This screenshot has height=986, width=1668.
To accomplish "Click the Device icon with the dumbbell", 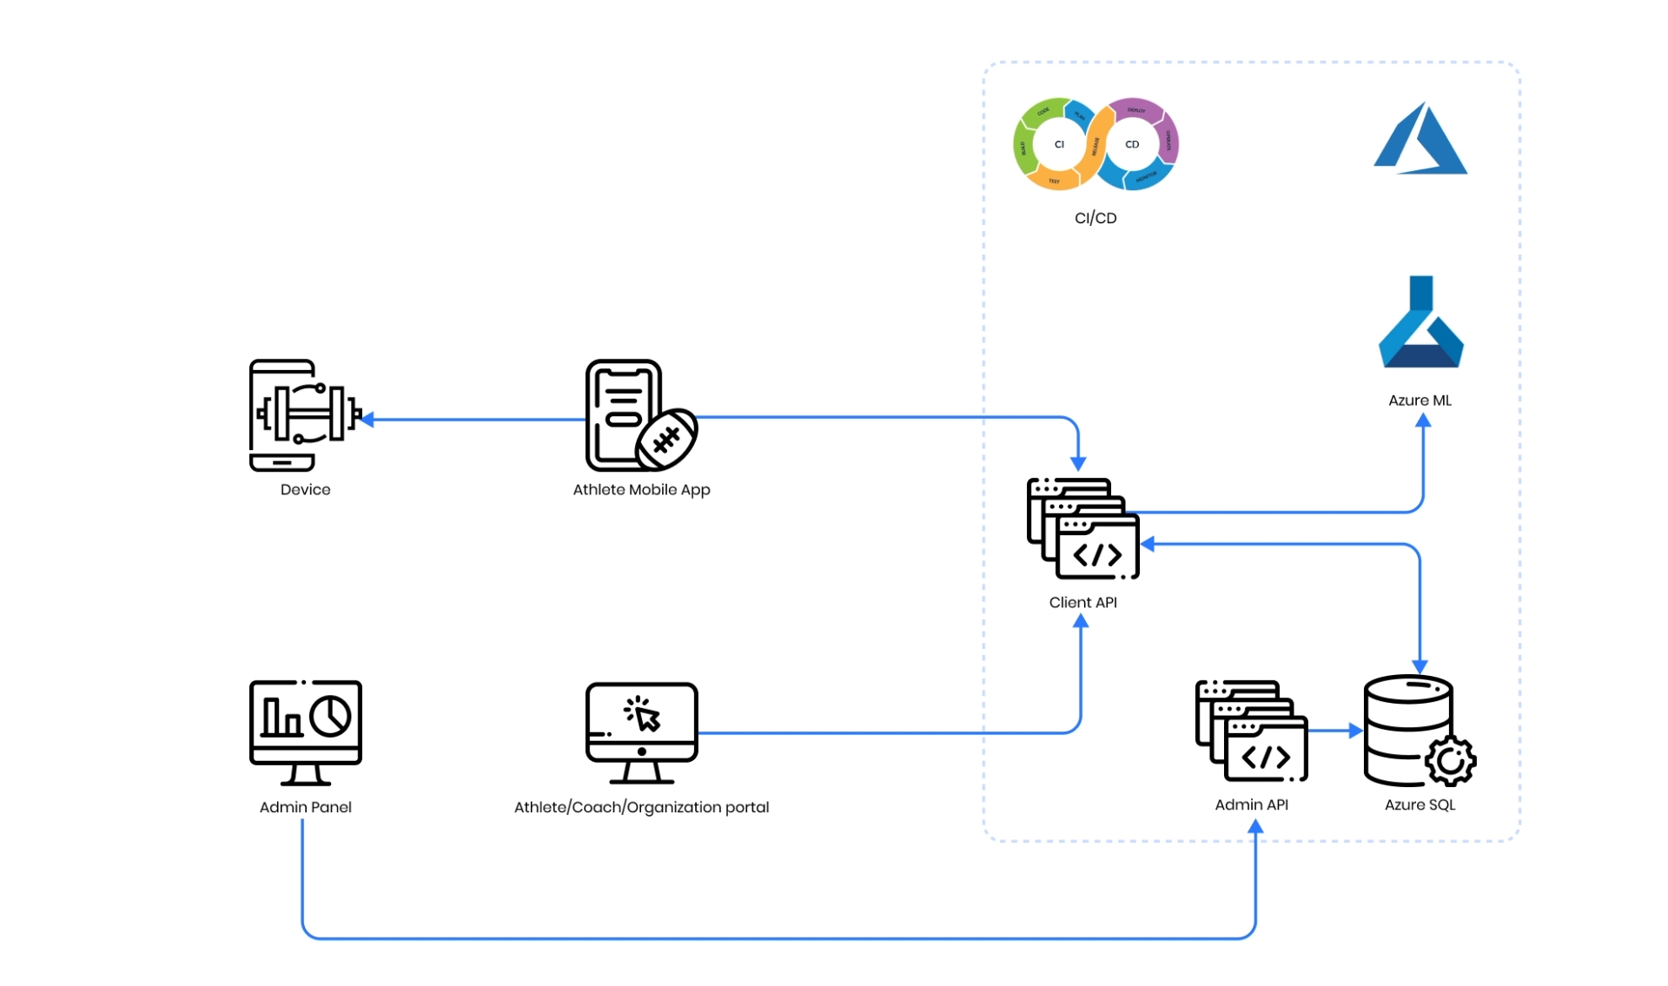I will click(x=305, y=414).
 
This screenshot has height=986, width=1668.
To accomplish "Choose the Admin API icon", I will click(x=1251, y=731).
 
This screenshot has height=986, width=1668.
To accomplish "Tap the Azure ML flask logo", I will click(x=1420, y=322).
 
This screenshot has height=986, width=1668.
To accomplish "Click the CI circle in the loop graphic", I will click(x=1059, y=144).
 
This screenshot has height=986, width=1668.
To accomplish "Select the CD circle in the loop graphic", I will click(x=1132, y=144).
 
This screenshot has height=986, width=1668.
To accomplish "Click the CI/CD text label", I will click(x=1095, y=218).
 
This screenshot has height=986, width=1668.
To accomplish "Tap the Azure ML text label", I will click(x=1420, y=400).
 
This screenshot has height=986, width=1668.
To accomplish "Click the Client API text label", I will click(x=1082, y=602).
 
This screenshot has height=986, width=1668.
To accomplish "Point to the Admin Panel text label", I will click(x=305, y=807).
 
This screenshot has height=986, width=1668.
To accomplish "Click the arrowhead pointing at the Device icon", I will click(x=367, y=420).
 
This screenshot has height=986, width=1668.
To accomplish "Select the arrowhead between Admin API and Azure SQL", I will click(x=1355, y=731).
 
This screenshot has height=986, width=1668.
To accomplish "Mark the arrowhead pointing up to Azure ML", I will click(x=1423, y=421).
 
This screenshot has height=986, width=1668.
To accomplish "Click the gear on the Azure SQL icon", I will click(x=1450, y=761).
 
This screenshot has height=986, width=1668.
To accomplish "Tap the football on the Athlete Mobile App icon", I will click(x=666, y=440).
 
